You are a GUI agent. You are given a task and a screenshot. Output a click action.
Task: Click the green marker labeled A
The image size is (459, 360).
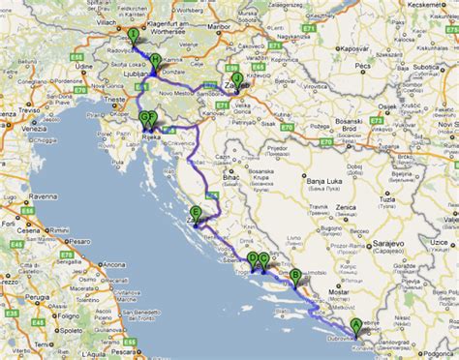click(355, 325)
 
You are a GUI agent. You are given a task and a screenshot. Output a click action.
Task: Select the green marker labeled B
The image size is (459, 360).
click(295, 276)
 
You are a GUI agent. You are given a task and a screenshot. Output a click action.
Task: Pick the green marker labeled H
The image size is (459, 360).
click(155, 59)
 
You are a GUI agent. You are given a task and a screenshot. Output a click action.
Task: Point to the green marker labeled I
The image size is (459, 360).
click(132, 36)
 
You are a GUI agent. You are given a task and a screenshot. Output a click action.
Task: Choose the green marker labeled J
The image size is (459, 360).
click(237, 78)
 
